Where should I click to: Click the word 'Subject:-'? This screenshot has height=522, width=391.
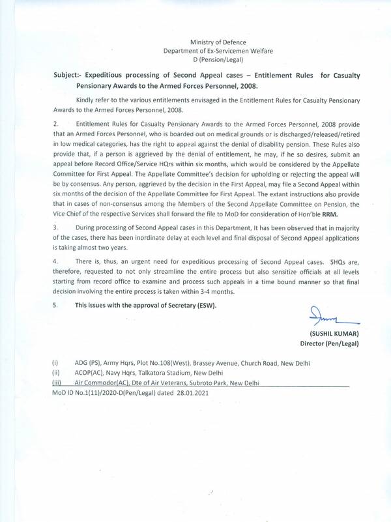click(70, 76)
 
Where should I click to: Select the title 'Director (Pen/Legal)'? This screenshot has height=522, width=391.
click(330, 343)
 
